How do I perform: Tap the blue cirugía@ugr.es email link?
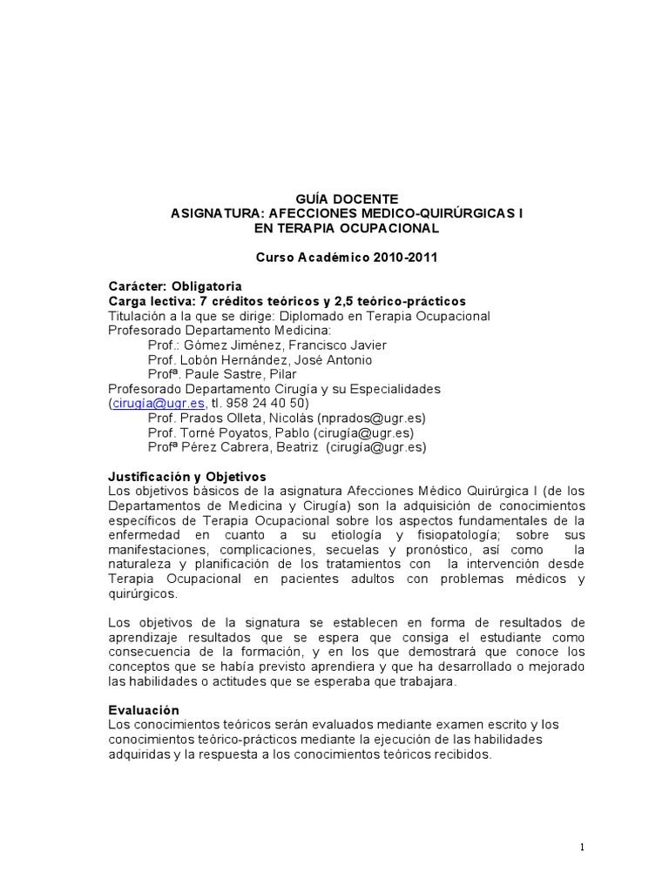(x=159, y=404)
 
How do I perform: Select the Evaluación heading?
(x=144, y=710)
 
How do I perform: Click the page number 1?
(x=582, y=847)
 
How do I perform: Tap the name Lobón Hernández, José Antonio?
(x=273, y=359)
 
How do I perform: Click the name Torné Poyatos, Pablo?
(x=234, y=433)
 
